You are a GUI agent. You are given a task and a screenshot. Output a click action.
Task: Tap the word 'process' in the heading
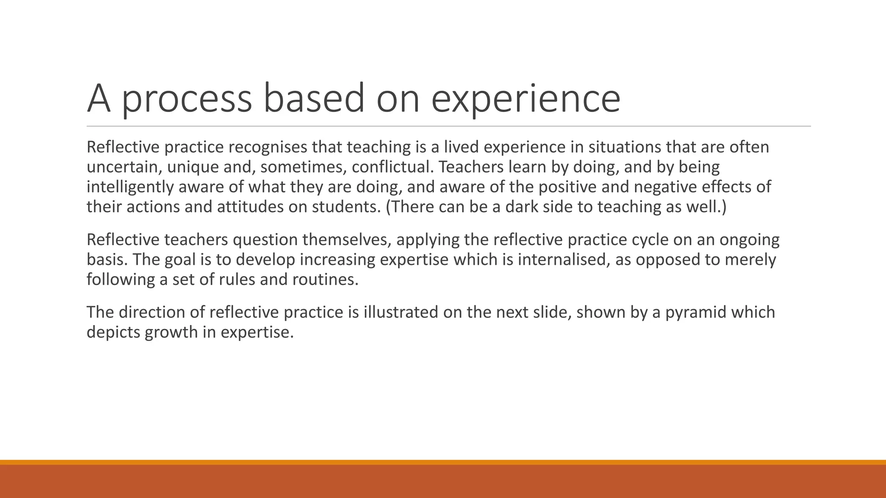186,99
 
